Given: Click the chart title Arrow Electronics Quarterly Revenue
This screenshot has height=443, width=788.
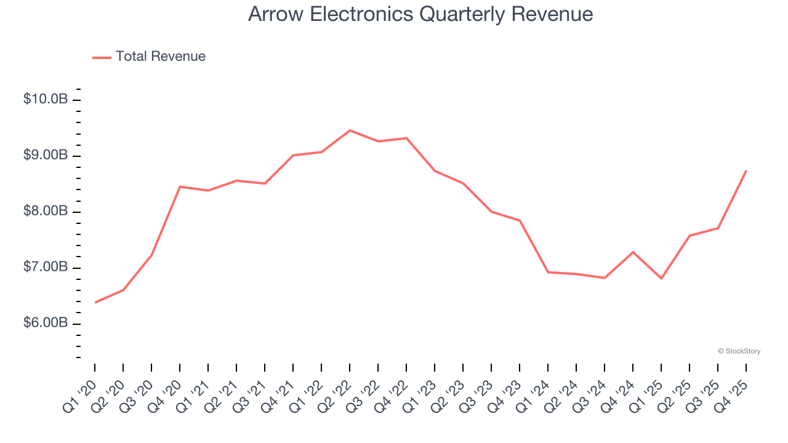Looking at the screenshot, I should pyautogui.click(x=420, y=14).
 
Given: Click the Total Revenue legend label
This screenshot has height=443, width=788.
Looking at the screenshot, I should pyautogui.click(x=160, y=57).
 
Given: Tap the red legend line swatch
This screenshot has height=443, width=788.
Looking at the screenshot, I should pyautogui.click(x=102, y=57).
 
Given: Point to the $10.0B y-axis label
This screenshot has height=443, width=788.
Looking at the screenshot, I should pyautogui.click(x=46, y=99).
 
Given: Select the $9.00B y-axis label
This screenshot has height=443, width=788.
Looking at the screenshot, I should pyautogui.click(x=46, y=155).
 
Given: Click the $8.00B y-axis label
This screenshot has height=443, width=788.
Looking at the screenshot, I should pyautogui.click(x=46, y=211).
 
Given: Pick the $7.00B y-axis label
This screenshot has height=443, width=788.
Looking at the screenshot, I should pyautogui.click(x=46, y=267).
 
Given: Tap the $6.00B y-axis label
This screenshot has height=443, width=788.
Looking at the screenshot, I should pyautogui.click(x=46, y=323).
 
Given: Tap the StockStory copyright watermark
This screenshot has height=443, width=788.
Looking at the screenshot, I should pyautogui.click(x=739, y=351).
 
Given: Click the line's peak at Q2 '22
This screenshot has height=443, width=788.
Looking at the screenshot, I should pyautogui.click(x=350, y=130).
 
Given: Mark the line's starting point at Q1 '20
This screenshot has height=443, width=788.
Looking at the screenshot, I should pyautogui.click(x=95, y=302).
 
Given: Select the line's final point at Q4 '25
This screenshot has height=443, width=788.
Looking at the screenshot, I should pyautogui.click(x=746, y=170).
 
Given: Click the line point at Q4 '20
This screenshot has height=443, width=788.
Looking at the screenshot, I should pyautogui.click(x=180, y=186).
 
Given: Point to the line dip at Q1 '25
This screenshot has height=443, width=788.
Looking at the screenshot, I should pyautogui.click(x=661, y=279).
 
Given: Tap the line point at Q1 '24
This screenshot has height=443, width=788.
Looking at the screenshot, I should pyautogui.click(x=548, y=272).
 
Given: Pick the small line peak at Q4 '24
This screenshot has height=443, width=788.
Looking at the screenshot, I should pyautogui.click(x=633, y=252).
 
